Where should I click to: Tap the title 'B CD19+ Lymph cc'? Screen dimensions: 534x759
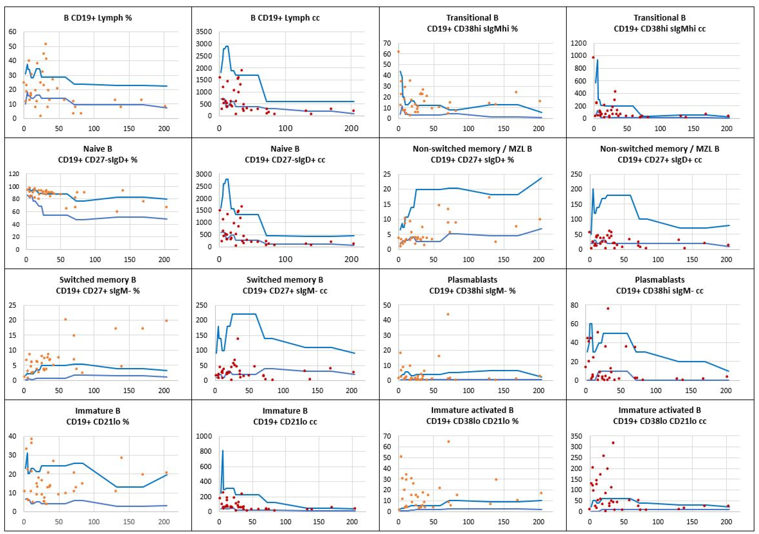pyautogui.click(x=285, y=18)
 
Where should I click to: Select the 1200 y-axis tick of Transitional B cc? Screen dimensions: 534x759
pyautogui.click(x=578, y=43)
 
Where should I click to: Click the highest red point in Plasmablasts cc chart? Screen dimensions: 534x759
pyautogui.click(x=608, y=308)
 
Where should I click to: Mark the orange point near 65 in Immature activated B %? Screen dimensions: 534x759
pyautogui.click(x=449, y=441)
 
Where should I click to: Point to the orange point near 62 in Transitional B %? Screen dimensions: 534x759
pyautogui.click(x=398, y=52)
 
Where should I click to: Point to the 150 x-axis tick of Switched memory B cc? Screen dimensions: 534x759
pyautogui.click(x=317, y=391)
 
